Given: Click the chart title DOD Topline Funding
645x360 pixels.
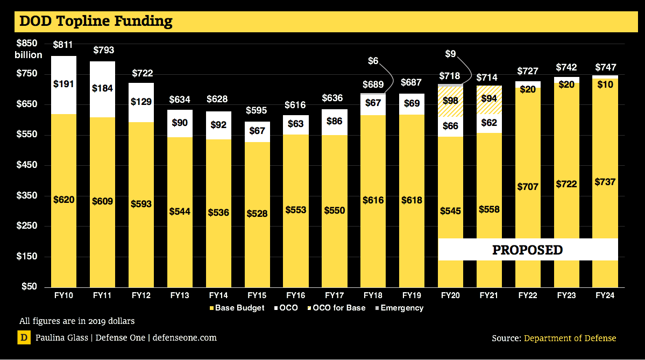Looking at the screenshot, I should pyautogui.click(x=96, y=21).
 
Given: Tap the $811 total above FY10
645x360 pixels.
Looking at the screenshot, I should pyautogui.click(x=63, y=45).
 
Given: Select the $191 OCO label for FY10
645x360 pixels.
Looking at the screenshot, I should pyautogui.click(x=63, y=84).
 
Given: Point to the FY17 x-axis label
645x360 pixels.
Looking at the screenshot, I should pyautogui.click(x=335, y=295).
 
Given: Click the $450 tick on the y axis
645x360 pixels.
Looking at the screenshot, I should pyautogui.click(x=26, y=165).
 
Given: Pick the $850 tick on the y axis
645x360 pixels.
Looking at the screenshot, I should pyautogui.click(x=26, y=44).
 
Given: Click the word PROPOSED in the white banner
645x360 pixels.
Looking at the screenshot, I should pyautogui.click(x=528, y=250).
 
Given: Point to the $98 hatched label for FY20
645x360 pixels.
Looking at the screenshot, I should pyautogui.click(x=451, y=101).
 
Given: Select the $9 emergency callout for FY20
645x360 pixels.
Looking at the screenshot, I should pyautogui.click(x=451, y=54).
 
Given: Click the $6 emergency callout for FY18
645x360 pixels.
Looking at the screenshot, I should pyautogui.click(x=373, y=61).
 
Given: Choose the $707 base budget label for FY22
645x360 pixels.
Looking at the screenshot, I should pyautogui.click(x=528, y=186).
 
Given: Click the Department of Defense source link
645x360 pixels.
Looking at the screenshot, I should pyautogui.click(x=570, y=338).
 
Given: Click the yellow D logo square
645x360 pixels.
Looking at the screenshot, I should pyautogui.click(x=24, y=338).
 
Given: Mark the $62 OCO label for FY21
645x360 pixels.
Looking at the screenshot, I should pyautogui.click(x=489, y=123).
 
